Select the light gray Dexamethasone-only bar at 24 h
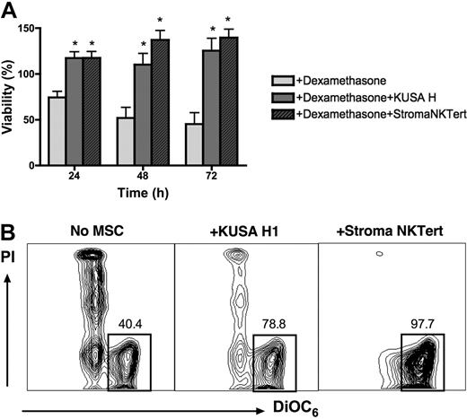coord(57,131)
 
